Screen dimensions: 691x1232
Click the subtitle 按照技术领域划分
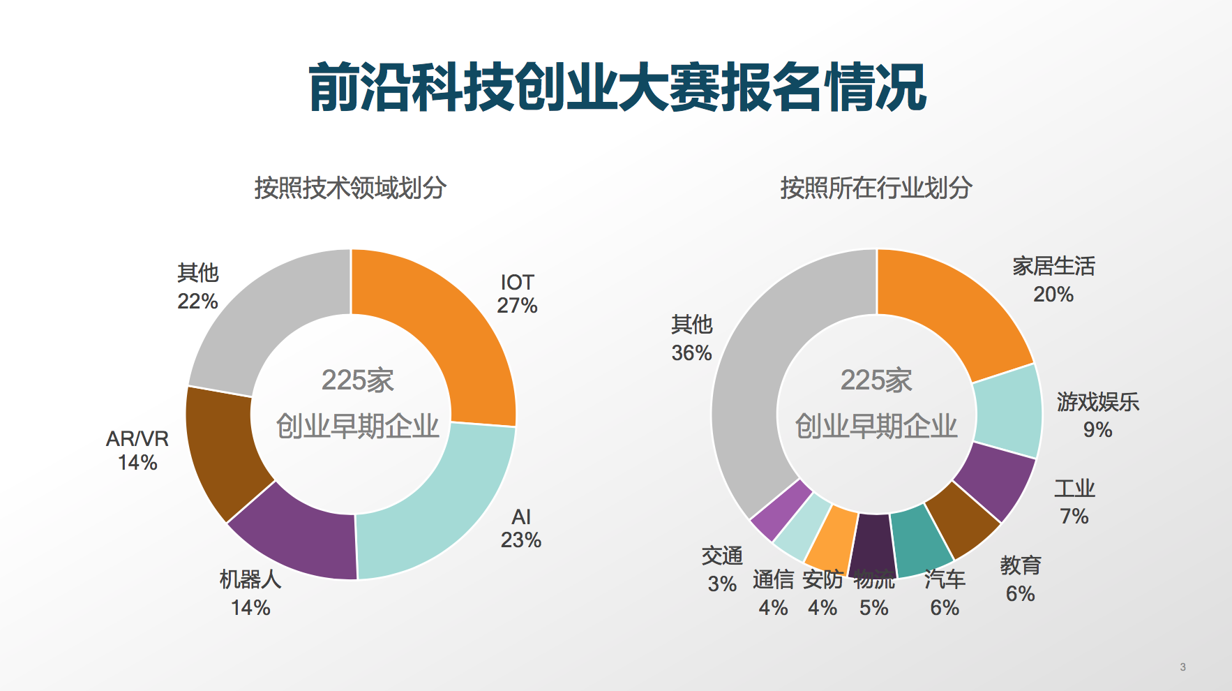pyautogui.click(x=350, y=188)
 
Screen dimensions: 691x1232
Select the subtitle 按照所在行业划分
pyautogui.click(x=876, y=188)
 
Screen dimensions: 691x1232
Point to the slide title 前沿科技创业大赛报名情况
pyautogui.click(x=617, y=87)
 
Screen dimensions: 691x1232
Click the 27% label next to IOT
pyautogui.click(x=517, y=306)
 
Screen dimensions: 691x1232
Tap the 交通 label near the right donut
pyautogui.click(x=722, y=556)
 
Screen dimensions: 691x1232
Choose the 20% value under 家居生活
pyautogui.click(x=1053, y=295)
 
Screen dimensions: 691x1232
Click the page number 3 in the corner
pyautogui.click(x=1182, y=667)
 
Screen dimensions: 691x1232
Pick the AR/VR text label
pyautogui.click(x=137, y=438)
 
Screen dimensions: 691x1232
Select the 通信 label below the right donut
pyautogui.click(x=773, y=579)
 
